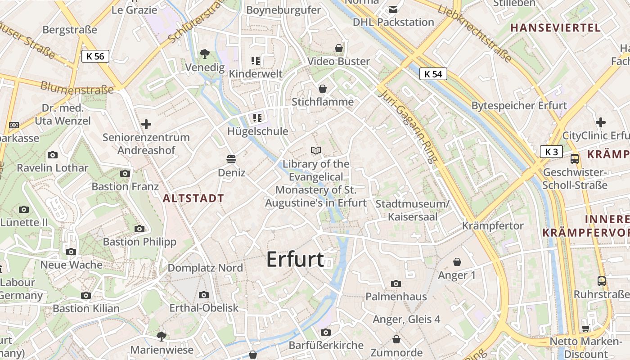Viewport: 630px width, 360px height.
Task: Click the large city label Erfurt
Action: pyautogui.click(x=295, y=260)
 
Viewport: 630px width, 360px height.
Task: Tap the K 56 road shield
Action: pyautogui.click(x=95, y=56)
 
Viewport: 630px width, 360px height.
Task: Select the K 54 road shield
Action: pyautogui.click(x=433, y=74)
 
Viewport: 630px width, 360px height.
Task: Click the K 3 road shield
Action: pyautogui.click(x=551, y=152)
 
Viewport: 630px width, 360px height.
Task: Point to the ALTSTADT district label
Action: pyautogui.click(x=193, y=198)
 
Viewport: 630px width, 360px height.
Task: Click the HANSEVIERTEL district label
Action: pyautogui.click(x=555, y=28)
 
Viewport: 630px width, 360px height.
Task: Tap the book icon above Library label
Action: pyautogui.click(x=316, y=150)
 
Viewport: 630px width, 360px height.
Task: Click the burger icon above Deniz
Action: pyautogui.click(x=232, y=159)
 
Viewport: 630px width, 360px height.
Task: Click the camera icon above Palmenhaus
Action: pyautogui.click(x=396, y=283)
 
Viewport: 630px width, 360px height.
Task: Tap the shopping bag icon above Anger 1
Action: pyautogui.click(x=457, y=261)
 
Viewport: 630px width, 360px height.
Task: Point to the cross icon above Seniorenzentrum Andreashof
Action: pyautogui.click(x=146, y=124)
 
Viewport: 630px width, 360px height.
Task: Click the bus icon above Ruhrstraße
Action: pyautogui.click(x=601, y=281)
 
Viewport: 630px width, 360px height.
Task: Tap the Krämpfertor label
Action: pyautogui.click(x=493, y=225)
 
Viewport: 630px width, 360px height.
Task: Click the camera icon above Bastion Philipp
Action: pyautogui.click(x=139, y=229)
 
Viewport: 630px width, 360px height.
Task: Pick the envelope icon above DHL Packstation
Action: pyautogui.click(x=393, y=9)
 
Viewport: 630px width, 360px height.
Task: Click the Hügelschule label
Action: pyautogui.click(x=257, y=131)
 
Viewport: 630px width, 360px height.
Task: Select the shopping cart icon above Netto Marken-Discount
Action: pyautogui.click(x=585, y=328)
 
